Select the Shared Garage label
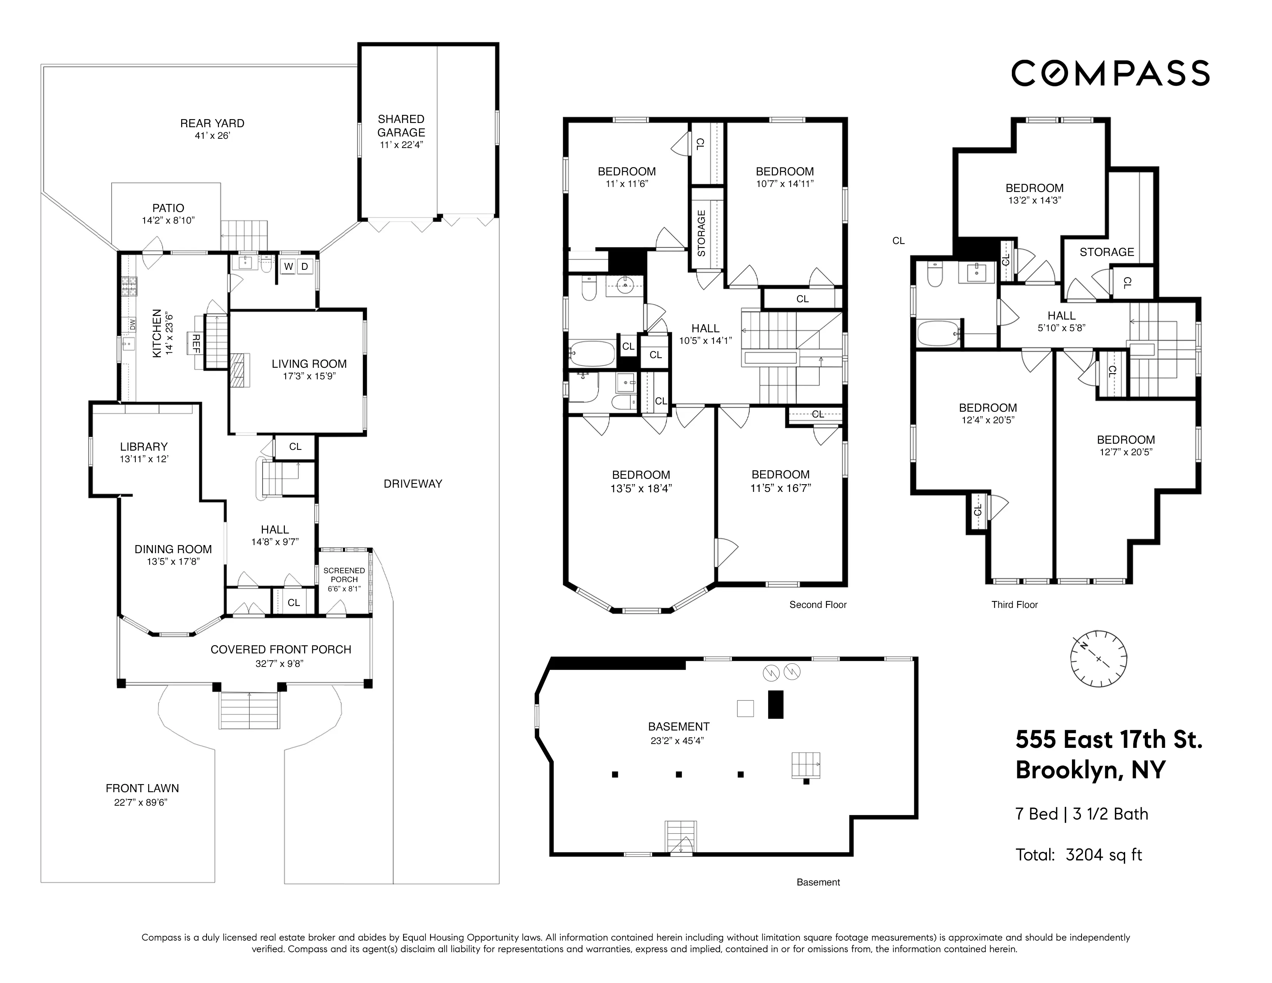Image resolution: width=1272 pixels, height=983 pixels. pyautogui.click(x=401, y=126)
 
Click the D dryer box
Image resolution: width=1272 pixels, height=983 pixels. pyautogui.click(x=305, y=267)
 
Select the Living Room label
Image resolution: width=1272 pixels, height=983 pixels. pyautogui.click(x=309, y=364)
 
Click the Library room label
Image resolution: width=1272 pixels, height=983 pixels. pyautogui.click(x=143, y=447)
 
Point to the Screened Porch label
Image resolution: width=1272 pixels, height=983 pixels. pyautogui.click(x=344, y=575)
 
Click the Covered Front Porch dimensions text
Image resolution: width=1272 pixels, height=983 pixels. pyautogui.click(x=281, y=663)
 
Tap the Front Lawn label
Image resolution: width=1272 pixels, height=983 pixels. pyautogui.click(x=142, y=788)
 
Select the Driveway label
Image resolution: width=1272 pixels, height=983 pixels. pyautogui.click(x=412, y=483)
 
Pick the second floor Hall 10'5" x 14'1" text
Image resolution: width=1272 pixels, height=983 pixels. pyautogui.click(x=705, y=341)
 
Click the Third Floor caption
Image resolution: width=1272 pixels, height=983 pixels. pyautogui.click(x=1014, y=604)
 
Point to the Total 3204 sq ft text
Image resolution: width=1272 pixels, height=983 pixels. pyautogui.click(x=1079, y=855)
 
